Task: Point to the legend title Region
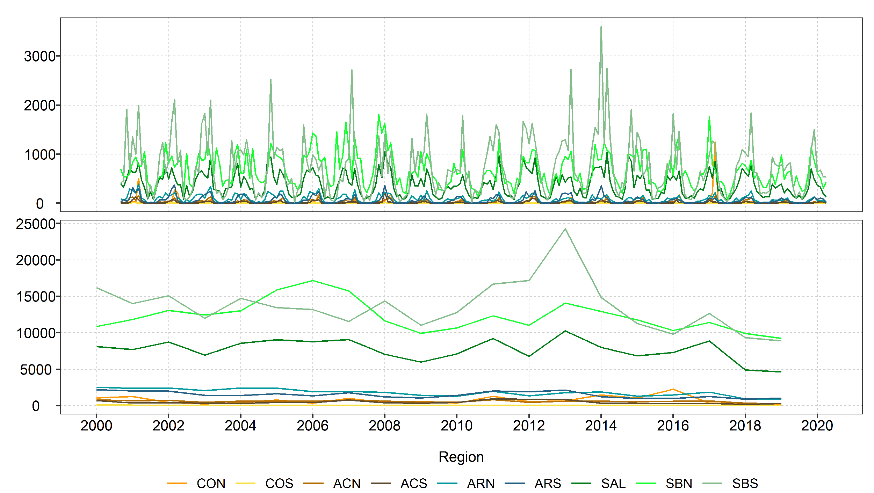coord(461,457)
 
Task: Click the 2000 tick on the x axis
coord(96,426)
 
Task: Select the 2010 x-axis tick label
coord(456,426)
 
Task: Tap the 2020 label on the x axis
coord(817,426)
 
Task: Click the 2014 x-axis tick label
coord(601,426)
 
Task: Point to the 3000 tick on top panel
coord(39,56)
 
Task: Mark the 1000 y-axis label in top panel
coord(39,155)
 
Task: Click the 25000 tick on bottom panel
coord(35,224)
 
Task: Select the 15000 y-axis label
coord(35,297)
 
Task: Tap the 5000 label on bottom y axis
coord(35,370)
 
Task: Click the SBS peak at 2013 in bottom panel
coord(565,229)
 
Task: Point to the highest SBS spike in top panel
coord(601,27)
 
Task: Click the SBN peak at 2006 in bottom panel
coord(312,281)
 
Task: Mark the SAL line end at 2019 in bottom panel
coord(781,372)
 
